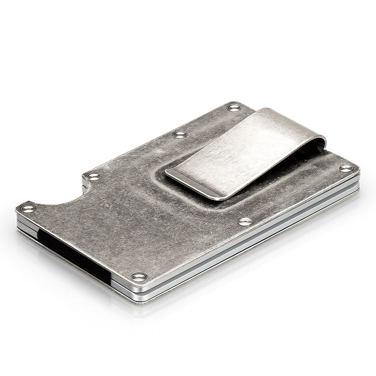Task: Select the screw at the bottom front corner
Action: tap(138, 276)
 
